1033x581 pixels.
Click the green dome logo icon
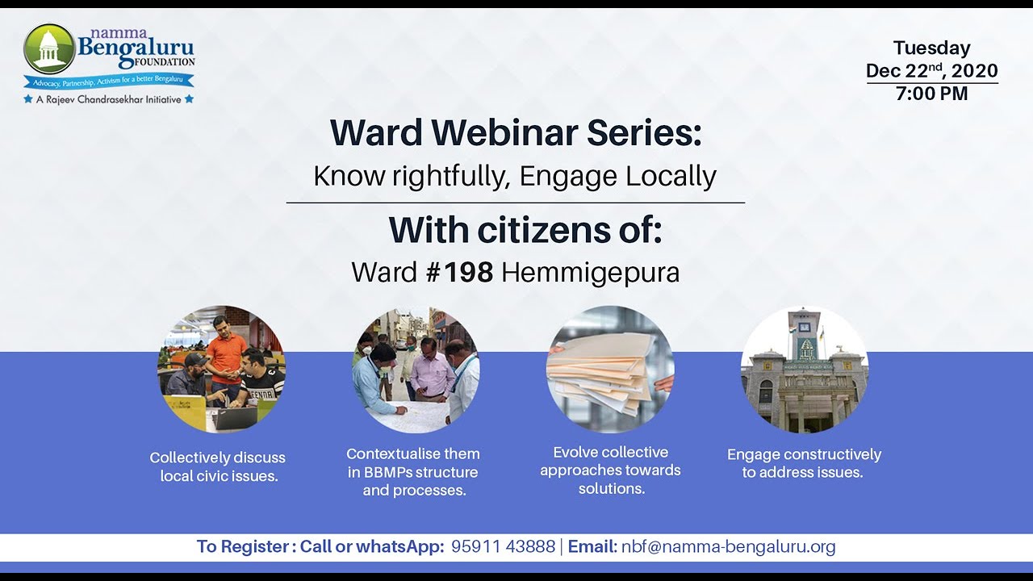(49, 48)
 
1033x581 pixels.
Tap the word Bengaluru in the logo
(136, 48)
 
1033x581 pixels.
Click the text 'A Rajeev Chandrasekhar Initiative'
(109, 99)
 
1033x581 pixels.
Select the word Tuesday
(931, 48)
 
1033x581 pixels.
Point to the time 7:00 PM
(931, 94)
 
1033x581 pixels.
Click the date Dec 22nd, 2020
(931, 71)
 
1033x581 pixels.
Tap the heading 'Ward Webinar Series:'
(516, 133)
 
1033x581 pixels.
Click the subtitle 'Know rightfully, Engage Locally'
(515, 176)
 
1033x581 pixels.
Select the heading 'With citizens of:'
(525, 230)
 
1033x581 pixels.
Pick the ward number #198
(459, 273)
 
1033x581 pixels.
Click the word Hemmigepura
(590, 273)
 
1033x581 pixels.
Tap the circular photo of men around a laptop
(221, 369)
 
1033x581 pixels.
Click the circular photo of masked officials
(416, 369)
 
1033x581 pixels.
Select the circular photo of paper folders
(610, 369)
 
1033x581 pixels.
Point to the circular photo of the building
(805, 369)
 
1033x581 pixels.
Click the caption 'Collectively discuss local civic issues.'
(218, 466)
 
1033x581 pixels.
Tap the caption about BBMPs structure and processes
(413, 472)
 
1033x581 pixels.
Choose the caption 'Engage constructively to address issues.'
(804, 463)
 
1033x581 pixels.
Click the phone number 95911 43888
(503, 546)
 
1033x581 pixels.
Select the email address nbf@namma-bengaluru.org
(728, 546)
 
